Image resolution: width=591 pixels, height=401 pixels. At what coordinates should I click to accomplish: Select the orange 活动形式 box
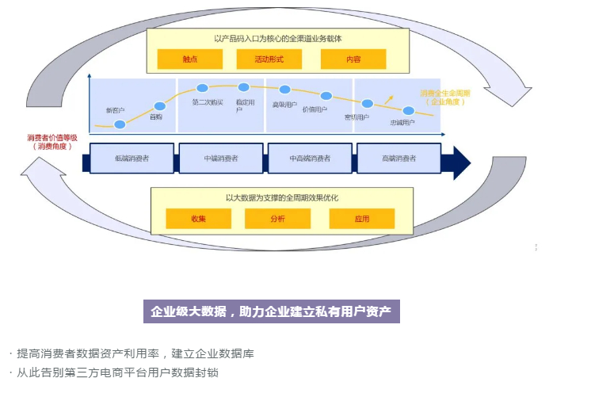(x=269, y=59)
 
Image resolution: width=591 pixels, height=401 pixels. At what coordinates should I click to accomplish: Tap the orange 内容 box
(x=353, y=59)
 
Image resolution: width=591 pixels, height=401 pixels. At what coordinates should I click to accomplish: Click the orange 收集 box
(x=198, y=219)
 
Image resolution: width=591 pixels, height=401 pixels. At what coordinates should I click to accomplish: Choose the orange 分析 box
(x=277, y=219)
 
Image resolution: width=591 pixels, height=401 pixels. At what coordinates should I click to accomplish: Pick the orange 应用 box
(x=361, y=219)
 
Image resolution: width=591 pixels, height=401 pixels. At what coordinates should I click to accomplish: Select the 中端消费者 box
(x=221, y=158)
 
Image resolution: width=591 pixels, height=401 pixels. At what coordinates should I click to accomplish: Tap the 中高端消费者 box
(x=310, y=158)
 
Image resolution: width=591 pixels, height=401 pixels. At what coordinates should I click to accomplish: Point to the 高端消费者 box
(x=398, y=158)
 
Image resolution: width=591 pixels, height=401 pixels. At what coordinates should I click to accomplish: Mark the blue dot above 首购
(x=160, y=105)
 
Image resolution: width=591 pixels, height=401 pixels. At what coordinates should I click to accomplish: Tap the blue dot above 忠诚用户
(x=409, y=110)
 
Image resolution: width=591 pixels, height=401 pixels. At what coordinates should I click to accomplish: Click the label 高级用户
(x=284, y=104)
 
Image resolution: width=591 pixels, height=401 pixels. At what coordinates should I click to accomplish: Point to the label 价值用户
(x=315, y=109)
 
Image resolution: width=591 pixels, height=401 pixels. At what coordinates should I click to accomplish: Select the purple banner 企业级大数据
(x=271, y=311)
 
